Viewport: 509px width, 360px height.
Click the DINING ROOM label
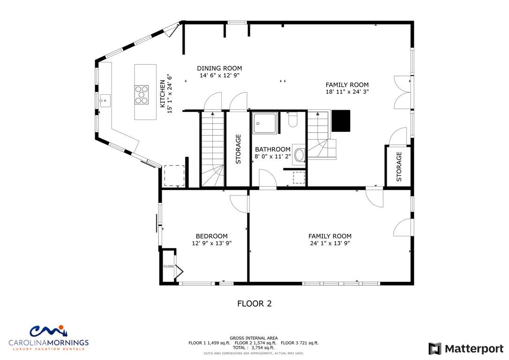219,68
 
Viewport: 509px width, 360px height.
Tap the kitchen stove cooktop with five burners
142,95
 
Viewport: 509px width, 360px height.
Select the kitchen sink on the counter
105,101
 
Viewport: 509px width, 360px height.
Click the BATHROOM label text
273,150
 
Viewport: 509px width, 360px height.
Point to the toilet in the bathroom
292,120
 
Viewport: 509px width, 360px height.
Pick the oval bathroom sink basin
299,155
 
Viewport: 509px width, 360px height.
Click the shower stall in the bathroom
265,123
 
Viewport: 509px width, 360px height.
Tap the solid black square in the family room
341,121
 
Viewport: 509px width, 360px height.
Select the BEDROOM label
212,236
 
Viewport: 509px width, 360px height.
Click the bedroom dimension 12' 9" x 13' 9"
212,243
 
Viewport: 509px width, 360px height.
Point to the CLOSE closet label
168,266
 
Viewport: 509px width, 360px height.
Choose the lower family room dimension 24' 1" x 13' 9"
330,243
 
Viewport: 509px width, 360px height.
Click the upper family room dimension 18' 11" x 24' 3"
347,91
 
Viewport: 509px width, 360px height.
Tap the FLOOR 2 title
254,304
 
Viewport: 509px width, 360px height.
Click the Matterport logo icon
435,349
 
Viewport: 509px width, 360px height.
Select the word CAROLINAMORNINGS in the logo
48,343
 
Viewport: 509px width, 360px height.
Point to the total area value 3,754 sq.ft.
263,348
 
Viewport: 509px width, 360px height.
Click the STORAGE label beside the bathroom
238,149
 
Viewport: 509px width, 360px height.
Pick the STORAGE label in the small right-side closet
399,166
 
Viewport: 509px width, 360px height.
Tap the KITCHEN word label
162,94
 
